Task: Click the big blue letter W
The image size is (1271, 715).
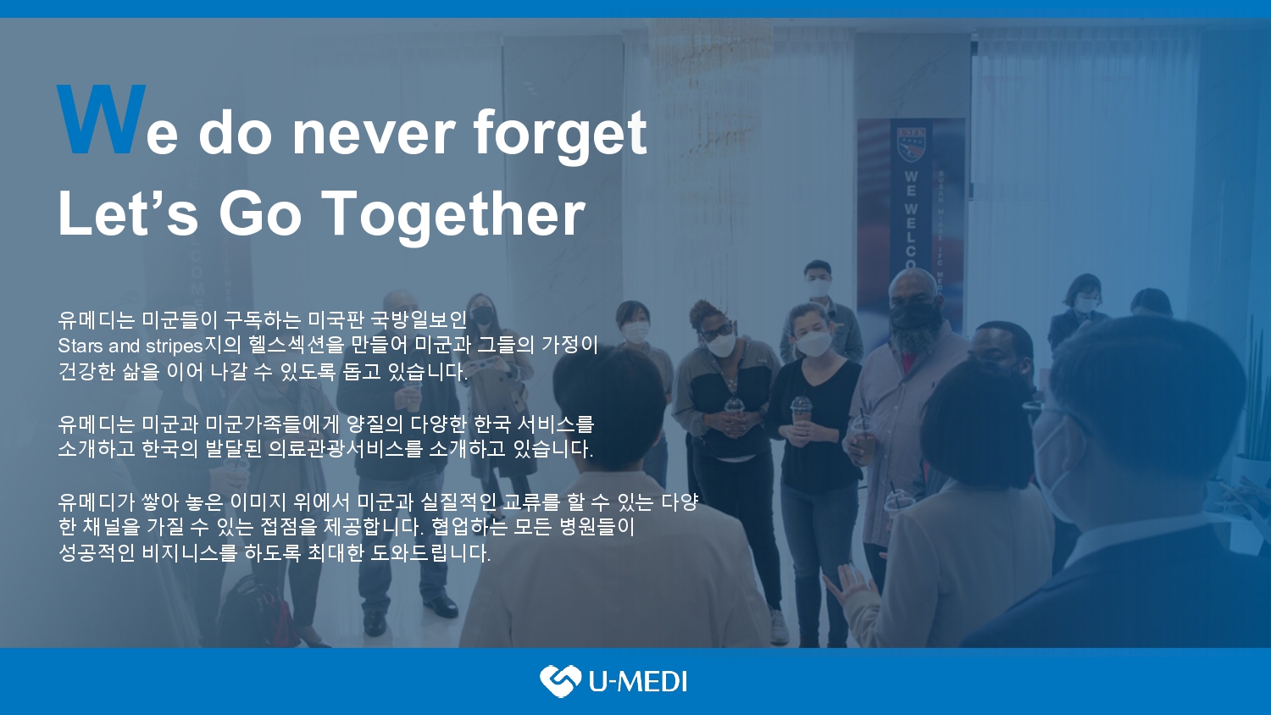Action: [101, 119]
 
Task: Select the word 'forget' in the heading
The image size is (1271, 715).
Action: [559, 134]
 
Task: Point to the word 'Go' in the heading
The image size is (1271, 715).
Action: [260, 214]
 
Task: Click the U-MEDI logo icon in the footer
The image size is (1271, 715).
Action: [560, 680]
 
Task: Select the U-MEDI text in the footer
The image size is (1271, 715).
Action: [637, 681]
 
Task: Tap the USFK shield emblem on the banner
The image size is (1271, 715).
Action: [912, 146]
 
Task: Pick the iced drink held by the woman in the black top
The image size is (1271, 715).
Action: [801, 417]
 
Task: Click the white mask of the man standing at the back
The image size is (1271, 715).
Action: [818, 287]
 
